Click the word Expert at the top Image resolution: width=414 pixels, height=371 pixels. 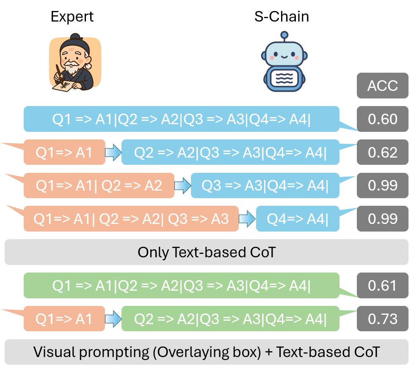(72, 16)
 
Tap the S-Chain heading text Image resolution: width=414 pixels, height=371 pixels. (281, 16)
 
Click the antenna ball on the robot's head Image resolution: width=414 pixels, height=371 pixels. (284, 35)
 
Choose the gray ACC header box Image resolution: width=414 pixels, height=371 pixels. (383, 86)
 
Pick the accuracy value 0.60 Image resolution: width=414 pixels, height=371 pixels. (383, 119)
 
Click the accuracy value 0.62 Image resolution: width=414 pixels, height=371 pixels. (383, 152)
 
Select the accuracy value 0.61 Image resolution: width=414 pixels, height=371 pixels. (383, 286)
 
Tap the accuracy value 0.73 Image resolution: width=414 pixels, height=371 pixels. (383, 319)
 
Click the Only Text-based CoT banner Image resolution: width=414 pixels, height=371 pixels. (207, 252)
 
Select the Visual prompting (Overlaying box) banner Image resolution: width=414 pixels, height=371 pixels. (207, 352)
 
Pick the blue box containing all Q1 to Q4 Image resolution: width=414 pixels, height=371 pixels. (181, 119)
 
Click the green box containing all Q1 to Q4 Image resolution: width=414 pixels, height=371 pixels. (181, 286)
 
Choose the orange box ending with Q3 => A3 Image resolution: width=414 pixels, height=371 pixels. (131, 219)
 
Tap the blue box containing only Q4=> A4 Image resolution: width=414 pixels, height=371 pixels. (298, 219)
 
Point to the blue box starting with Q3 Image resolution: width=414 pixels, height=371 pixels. (265, 185)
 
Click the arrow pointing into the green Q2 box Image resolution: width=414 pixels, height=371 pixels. (113, 319)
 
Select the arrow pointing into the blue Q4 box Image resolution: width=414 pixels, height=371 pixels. (248, 219)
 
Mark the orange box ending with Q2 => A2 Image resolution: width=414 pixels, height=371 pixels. (99, 185)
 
